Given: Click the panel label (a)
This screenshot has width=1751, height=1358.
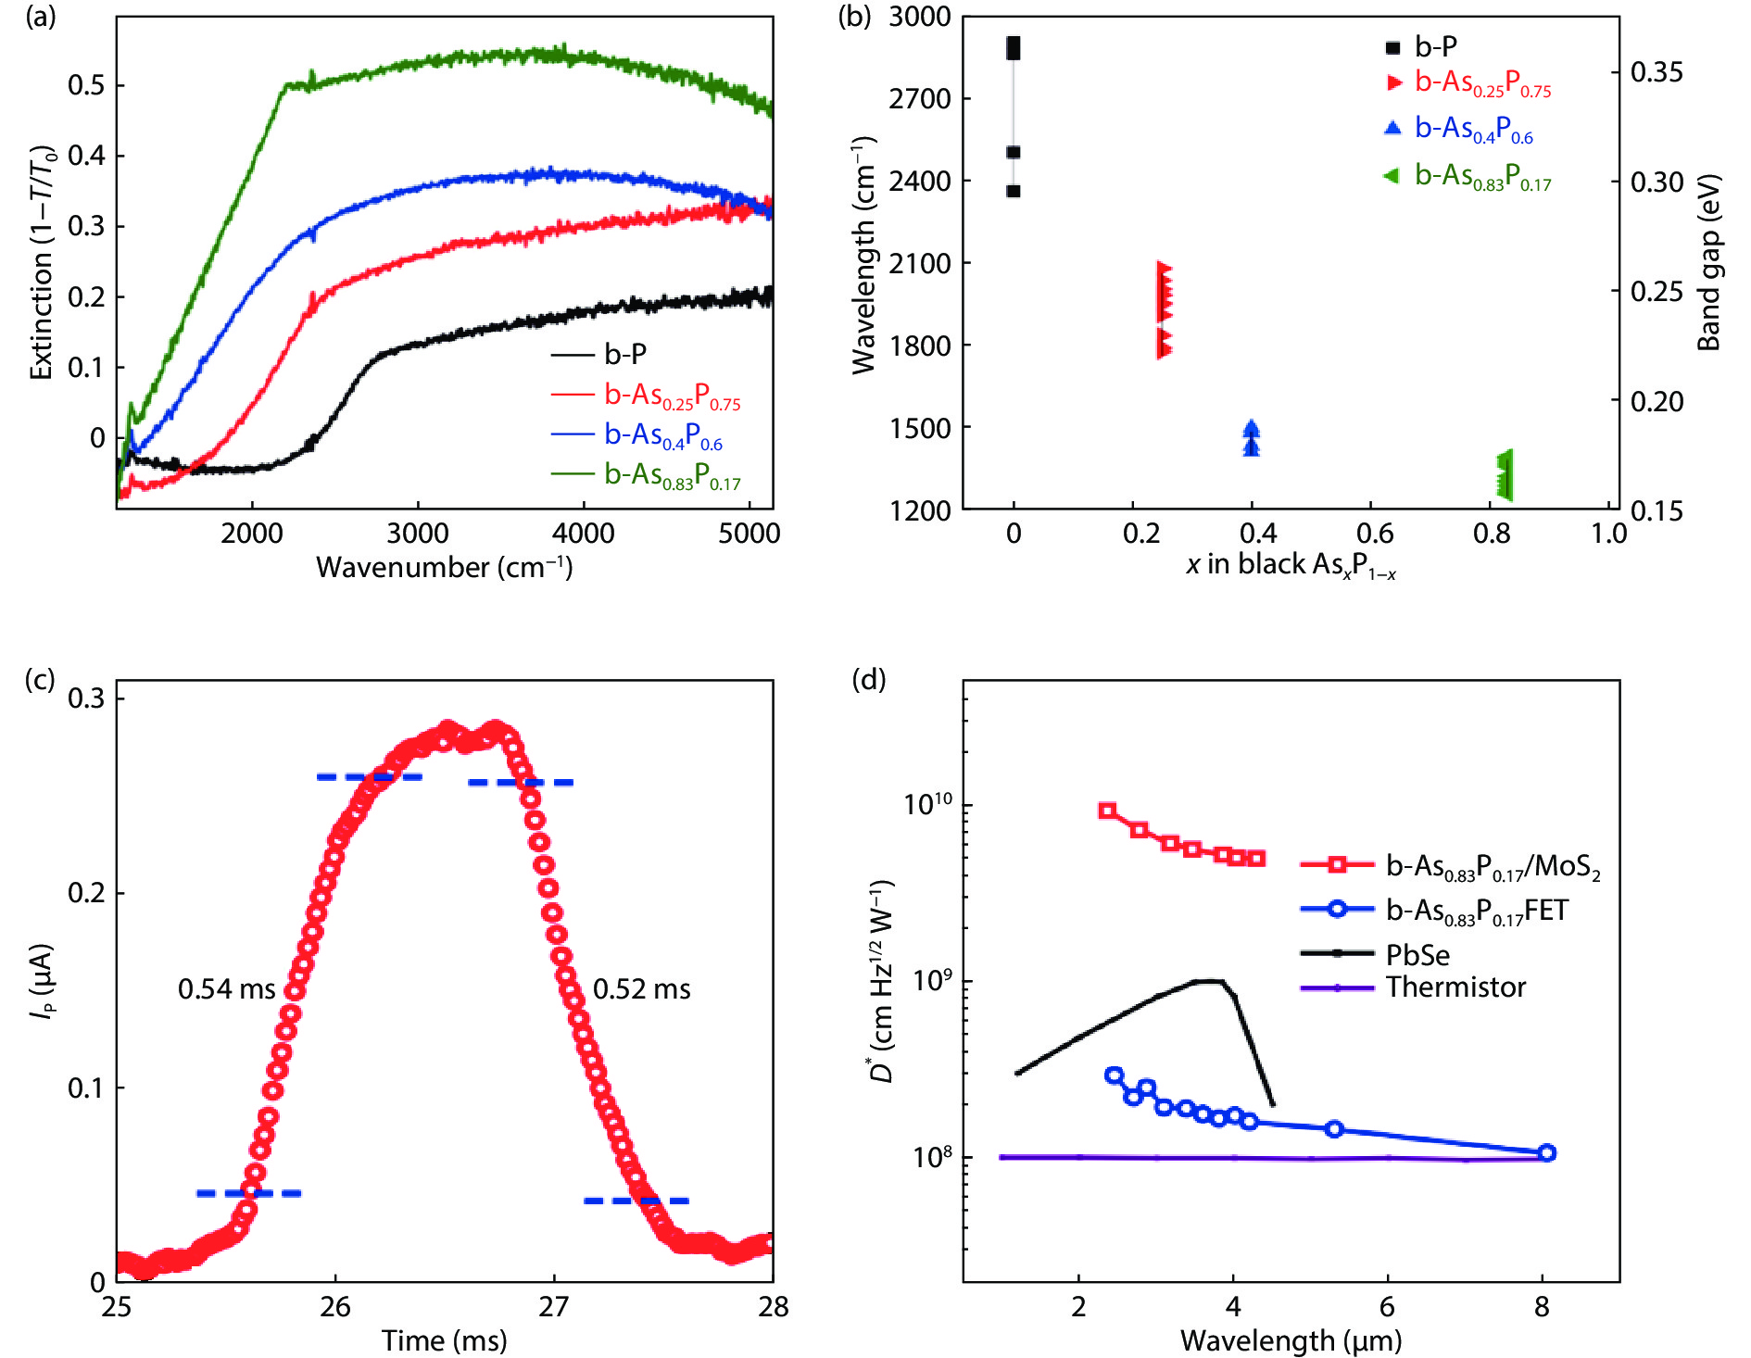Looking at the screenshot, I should tap(41, 17).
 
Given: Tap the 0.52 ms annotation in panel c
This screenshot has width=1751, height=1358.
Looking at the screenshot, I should tap(641, 989).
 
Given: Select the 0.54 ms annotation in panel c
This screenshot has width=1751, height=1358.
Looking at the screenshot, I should tap(227, 989).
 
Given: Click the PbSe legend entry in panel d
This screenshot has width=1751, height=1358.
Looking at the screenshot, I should tap(1417, 954).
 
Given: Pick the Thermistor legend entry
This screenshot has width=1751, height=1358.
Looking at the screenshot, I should tap(1455, 987).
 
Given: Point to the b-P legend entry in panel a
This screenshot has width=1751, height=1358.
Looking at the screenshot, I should tap(625, 354).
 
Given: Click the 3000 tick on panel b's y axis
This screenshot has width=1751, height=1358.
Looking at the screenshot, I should tap(919, 17).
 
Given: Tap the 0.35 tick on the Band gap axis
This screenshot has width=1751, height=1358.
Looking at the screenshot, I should tap(1657, 71).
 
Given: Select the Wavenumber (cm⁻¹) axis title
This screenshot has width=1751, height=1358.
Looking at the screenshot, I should tap(445, 567).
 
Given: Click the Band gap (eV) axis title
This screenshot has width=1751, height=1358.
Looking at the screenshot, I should tap(1708, 263).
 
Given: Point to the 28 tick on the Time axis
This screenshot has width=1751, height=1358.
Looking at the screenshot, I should tap(773, 1307).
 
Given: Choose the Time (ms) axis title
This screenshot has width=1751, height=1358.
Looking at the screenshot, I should tap(445, 1340).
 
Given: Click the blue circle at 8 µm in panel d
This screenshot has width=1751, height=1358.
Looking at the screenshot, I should tap(1545, 1153).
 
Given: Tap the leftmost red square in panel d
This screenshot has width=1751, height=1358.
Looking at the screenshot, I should tap(1107, 811).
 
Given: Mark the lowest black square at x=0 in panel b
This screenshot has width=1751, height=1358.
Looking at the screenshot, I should tap(1014, 192).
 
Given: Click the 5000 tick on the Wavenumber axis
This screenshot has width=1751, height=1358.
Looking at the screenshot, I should tap(750, 534).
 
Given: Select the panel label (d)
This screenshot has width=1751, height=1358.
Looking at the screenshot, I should tap(869, 680).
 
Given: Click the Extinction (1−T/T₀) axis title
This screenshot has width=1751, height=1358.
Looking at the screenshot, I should tap(43, 263).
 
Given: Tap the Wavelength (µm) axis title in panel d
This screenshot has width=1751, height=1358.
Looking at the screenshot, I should tap(1291, 1340).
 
